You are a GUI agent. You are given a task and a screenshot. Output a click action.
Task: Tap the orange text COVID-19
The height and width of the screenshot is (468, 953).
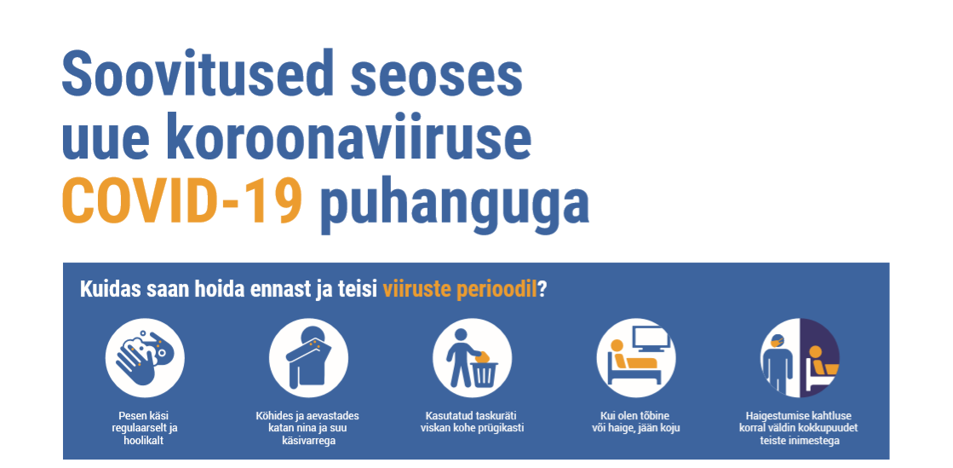pyautogui.click(x=182, y=200)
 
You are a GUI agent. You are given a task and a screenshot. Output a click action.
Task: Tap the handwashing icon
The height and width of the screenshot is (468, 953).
pyautogui.click(x=145, y=358)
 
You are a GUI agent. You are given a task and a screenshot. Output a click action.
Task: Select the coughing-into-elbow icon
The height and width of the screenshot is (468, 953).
pyautogui.click(x=309, y=358)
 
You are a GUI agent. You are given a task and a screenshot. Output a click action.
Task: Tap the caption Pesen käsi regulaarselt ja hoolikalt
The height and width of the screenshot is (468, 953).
pyautogui.click(x=145, y=428)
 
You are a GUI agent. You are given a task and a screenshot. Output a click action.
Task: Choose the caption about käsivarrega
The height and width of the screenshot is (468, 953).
pyautogui.click(x=307, y=428)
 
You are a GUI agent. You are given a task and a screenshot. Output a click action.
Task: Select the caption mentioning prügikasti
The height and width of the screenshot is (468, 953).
pyautogui.click(x=472, y=422)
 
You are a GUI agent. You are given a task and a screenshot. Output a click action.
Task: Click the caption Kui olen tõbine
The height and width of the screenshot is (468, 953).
pyautogui.click(x=635, y=422)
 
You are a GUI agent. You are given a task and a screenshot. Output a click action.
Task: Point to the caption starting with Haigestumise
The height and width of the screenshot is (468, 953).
pyautogui.click(x=799, y=428)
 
